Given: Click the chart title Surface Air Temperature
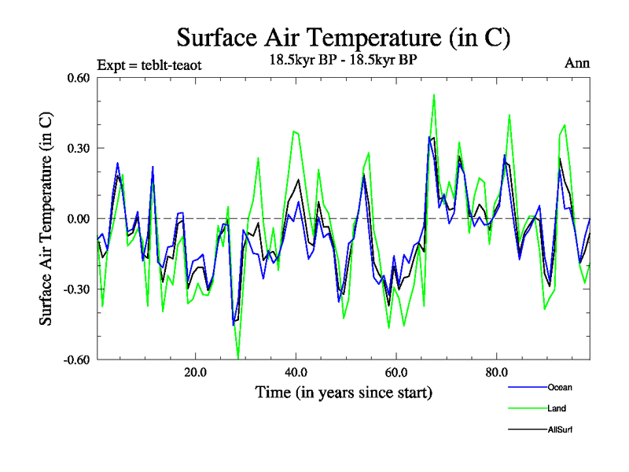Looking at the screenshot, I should point(344,37).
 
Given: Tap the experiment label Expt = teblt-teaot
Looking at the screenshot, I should point(149,65).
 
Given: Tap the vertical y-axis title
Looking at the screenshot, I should point(47,219).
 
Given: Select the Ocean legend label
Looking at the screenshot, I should point(560,387).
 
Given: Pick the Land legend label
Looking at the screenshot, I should point(556,408).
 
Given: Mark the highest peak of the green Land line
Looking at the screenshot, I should point(434,94).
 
